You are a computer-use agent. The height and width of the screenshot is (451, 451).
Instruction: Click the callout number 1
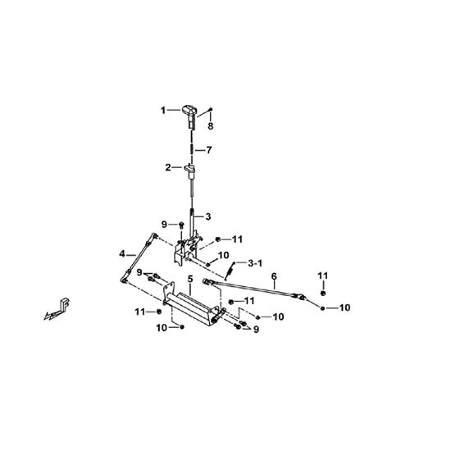(163, 110)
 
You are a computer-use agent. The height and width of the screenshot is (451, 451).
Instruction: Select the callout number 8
(211, 126)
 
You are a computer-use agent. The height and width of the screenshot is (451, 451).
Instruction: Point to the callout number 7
(209, 150)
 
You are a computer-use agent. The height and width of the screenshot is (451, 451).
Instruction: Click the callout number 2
(168, 167)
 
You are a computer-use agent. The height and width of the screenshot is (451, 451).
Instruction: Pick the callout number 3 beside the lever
(208, 216)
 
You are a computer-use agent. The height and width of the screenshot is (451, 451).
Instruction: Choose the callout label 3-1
(255, 263)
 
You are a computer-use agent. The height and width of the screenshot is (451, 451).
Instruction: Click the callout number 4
(122, 254)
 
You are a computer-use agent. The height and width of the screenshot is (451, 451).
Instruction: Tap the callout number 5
(190, 279)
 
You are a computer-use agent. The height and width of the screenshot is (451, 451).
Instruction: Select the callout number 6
(274, 276)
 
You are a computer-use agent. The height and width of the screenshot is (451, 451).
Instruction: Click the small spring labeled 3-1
(230, 271)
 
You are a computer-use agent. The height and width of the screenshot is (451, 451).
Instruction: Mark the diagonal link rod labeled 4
(139, 258)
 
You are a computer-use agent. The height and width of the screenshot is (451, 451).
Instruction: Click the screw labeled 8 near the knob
(210, 109)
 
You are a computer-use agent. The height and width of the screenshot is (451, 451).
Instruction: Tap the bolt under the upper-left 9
(181, 225)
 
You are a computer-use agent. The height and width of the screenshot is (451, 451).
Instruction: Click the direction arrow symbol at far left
(57, 311)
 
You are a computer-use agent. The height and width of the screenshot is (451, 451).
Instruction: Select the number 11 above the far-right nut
(323, 276)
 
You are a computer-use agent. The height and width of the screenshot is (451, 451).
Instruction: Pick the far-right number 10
(344, 307)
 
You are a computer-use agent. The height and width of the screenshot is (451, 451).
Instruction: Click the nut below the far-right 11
(323, 293)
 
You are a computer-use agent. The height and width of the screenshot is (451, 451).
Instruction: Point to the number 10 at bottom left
(162, 328)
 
